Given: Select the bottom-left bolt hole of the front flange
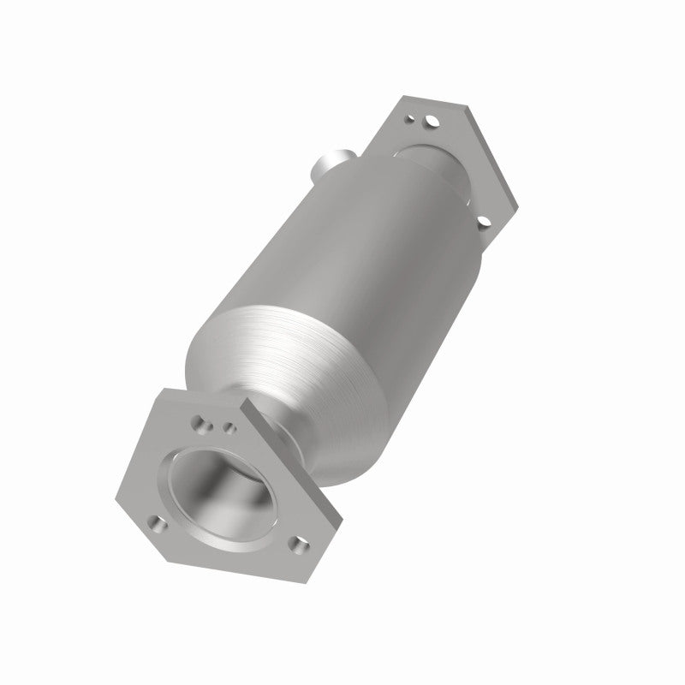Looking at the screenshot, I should click(x=157, y=520).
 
